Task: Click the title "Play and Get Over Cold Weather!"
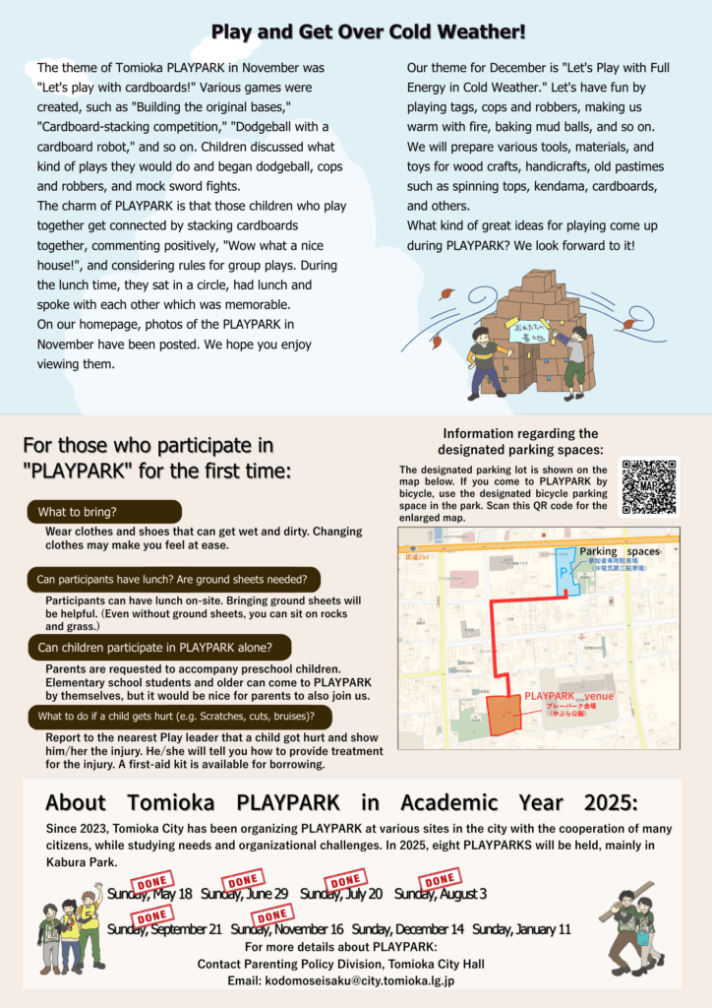[368, 32]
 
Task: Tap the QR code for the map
[648, 487]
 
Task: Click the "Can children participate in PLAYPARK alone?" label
[162, 647]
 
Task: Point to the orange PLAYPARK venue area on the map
[505, 714]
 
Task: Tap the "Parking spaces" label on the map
[619, 552]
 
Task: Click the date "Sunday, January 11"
[521, 929]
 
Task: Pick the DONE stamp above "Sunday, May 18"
[152, 880]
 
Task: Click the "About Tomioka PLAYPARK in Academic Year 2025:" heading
[341, 800]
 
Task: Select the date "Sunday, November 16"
[286, 929]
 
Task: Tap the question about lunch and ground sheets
[172, 579]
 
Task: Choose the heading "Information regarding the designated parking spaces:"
[520, 441]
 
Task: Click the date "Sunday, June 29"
[244, 894]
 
